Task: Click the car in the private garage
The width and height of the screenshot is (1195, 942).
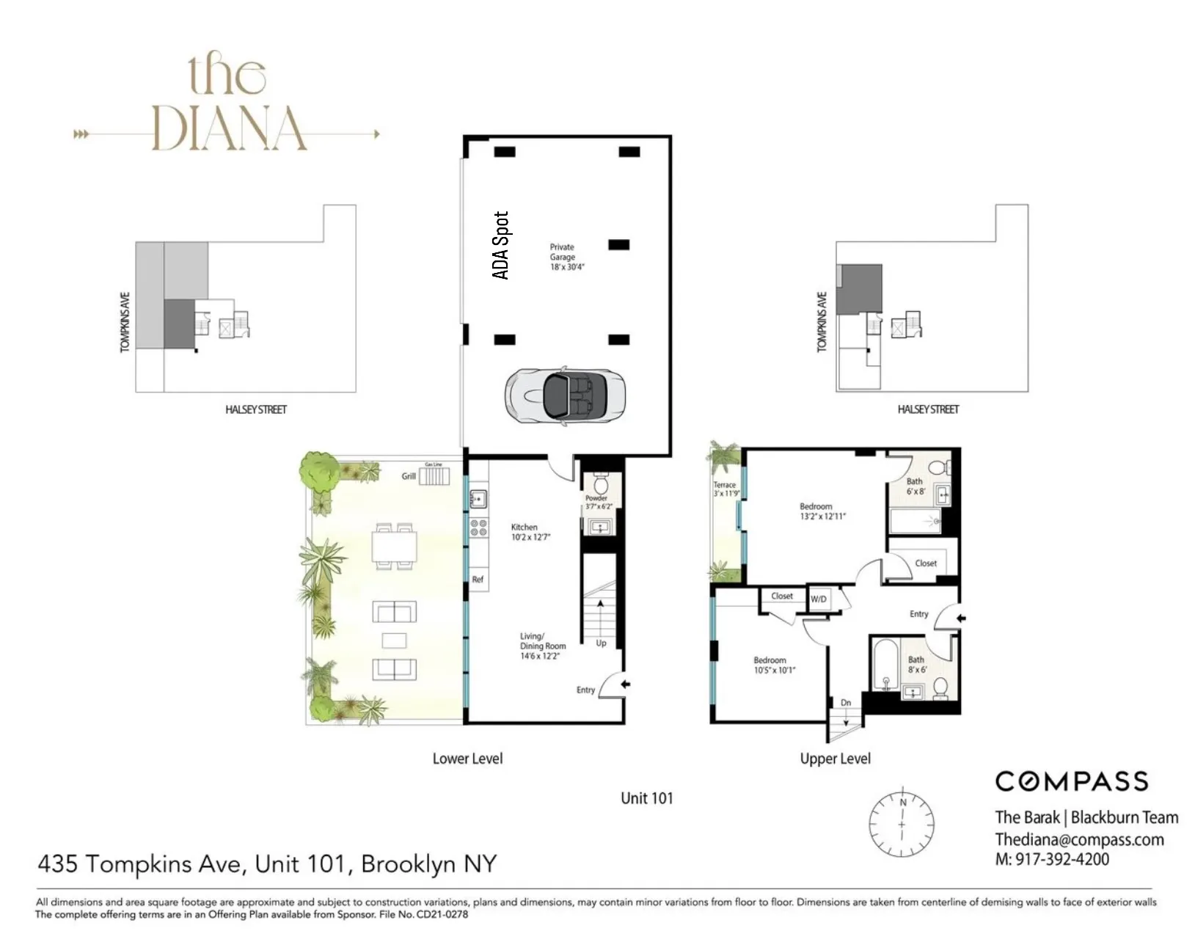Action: coord(565,395)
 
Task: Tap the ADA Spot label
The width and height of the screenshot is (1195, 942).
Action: coord(500,245)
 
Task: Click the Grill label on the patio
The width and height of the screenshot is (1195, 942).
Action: coord(409,476)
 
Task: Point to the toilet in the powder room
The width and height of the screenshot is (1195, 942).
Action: coord(601,484)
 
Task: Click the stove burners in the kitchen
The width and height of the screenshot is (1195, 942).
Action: coord(478,528)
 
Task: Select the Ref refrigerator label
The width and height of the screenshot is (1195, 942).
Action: coord(478,580)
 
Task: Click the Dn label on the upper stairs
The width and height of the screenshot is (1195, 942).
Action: coord(846,703)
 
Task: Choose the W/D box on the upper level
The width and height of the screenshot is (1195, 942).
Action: coord(819,599)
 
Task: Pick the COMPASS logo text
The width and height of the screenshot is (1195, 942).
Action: coord(1071,781)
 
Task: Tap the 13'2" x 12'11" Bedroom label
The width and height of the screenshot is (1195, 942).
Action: coord(822,511)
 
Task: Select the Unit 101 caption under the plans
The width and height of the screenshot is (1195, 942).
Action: coord(646,798)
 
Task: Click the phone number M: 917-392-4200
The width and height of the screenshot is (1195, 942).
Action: coord(1052,859)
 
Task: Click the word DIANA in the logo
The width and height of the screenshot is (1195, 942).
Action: coord(228,129)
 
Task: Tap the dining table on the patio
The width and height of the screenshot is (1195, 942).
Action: coord(394,547)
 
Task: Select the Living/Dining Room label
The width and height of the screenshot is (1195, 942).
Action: coord(542,646)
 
